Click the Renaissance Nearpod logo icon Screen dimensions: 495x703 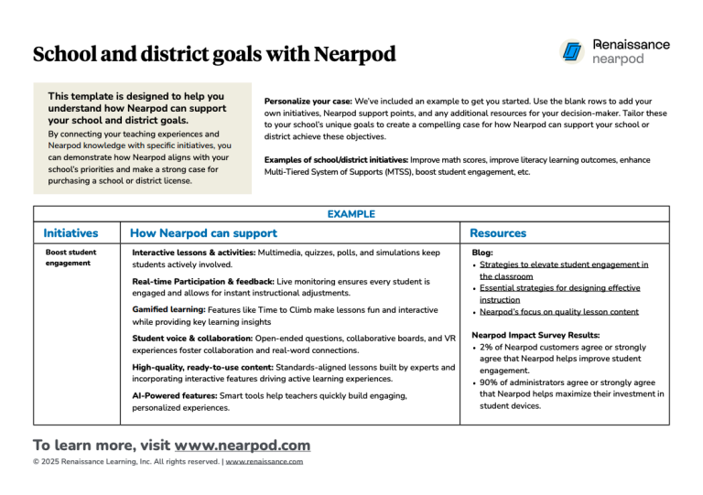click(573, 51)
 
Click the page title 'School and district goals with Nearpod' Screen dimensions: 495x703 click(214, 54)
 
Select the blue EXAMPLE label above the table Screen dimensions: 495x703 click(351, 214)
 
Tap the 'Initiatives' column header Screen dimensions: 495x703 click(70, 234)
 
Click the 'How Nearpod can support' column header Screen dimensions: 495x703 click(203, 234)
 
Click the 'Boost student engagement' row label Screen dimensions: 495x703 click(70, 257)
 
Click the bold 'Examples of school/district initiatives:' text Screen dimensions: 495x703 click(336, 159)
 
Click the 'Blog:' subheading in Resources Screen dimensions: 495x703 click(481, 252)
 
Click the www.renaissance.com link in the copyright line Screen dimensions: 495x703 click(265, 462)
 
